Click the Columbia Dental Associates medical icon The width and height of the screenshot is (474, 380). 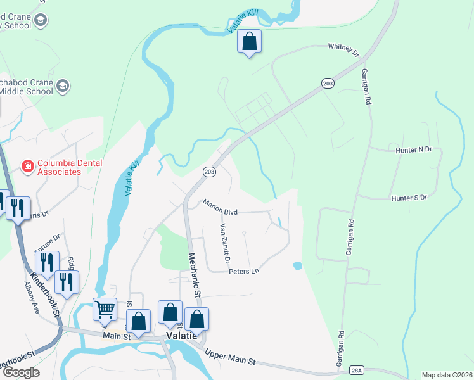(28, 167)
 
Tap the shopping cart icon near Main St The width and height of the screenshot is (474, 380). (105, 310)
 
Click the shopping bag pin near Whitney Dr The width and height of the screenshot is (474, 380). (250, 42)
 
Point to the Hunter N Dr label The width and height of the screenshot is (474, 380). (413, 149)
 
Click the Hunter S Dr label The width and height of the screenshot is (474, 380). (410, 198)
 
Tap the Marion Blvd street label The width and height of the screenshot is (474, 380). (220, 207)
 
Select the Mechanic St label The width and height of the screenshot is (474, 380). (195, 275)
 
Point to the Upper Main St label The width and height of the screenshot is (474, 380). (229, 356)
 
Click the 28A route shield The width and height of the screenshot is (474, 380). (357, 369)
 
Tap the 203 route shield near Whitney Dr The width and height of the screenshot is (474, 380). (327, 84)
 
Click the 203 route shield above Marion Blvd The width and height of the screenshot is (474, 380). (210, 172)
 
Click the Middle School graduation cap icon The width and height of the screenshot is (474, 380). (63, 85)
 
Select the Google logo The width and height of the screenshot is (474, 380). (20, 372)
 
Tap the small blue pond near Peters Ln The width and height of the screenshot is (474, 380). (297, 265)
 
